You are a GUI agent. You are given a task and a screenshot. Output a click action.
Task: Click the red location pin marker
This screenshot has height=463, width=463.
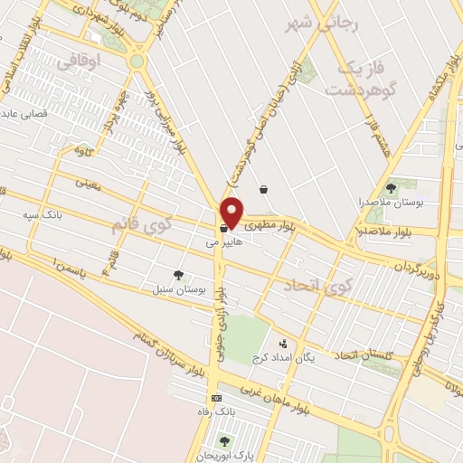pyautogui.click(x=232, y=212)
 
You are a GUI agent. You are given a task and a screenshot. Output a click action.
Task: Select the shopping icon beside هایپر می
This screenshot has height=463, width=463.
pyautogui.click(x=222, y=228)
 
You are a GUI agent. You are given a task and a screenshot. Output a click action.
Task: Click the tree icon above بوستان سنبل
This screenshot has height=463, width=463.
pyautogui.click(x=178, y=274)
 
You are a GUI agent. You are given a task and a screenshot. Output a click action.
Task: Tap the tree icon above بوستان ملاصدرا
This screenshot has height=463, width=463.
pyautogui.click(x=391, y=188)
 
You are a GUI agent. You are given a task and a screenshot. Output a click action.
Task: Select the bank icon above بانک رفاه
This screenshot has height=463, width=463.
pyautogui.click(x=215, y=399)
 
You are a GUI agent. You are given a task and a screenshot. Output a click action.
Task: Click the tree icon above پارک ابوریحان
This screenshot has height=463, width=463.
pyautogui.click(x=223, y=440)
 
